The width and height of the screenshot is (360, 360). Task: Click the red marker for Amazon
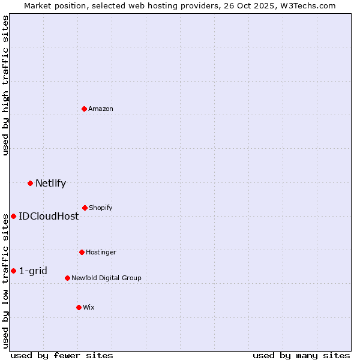(85, 109)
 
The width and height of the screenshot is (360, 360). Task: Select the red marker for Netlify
(30, 183)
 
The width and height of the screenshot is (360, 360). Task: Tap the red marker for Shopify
(85, 208)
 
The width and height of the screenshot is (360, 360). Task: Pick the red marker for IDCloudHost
(13, 216)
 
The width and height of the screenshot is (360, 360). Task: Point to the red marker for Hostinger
(82, 252)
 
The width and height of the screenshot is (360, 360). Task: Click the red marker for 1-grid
(13, 271)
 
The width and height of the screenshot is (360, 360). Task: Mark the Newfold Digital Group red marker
(67, 278)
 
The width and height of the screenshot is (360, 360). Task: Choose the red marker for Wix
(79, 307)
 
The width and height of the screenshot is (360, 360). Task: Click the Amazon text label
(101, 109)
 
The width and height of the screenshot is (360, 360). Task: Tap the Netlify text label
(50, 183)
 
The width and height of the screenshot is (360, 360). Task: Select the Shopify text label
(101, 208)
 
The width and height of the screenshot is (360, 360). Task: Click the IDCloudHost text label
(49, 216)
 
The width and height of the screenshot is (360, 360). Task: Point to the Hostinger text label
(101, 252)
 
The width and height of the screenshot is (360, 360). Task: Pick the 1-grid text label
(33, 271)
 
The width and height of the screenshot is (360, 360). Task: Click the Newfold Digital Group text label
(107, 278)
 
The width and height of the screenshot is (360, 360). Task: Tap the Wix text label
(89, 307)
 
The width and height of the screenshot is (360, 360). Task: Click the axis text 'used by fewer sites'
(62, 355)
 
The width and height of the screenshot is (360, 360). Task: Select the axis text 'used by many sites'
(301, 355)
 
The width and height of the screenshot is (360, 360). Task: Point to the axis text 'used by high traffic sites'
(5, 85)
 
